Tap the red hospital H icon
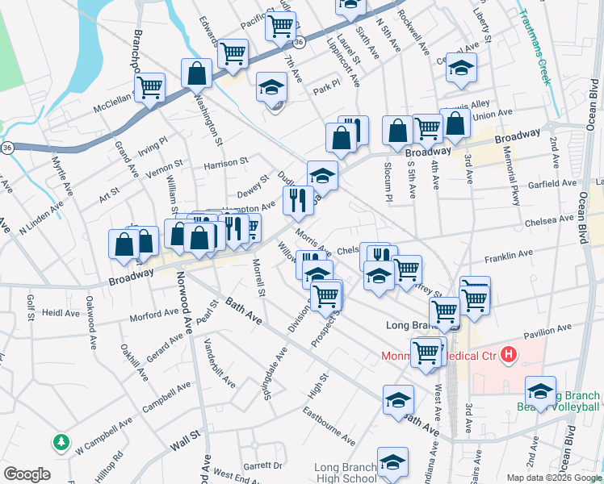click(509, 353)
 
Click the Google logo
click(27, 474)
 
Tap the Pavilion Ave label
click(547, 332)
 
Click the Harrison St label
click(225, 164)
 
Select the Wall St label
click(185, 442)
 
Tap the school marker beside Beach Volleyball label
click(540, 391)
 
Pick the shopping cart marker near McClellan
click(149, 86)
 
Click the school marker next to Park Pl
click(272, 86)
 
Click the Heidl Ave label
click(58, 311)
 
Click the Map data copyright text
click(553, 478)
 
